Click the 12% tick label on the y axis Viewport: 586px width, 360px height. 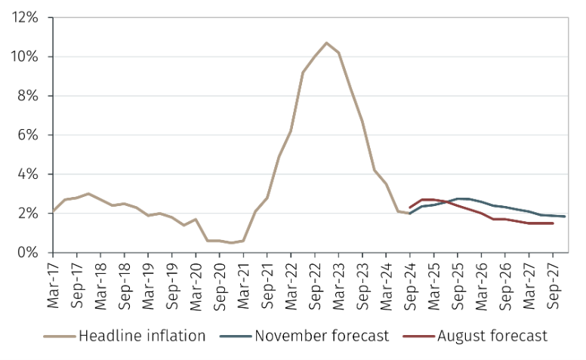[26, 17]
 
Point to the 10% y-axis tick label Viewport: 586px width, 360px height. [26, 57]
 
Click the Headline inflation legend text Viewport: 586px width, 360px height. [142, 335]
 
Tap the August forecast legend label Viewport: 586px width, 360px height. [492, 335]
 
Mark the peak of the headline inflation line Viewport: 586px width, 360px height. [326, 43]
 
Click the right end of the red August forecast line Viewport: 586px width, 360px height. [554, 223]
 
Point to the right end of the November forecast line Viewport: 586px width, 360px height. [565, 217]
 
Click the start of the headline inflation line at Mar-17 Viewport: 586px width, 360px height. [52, 211]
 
